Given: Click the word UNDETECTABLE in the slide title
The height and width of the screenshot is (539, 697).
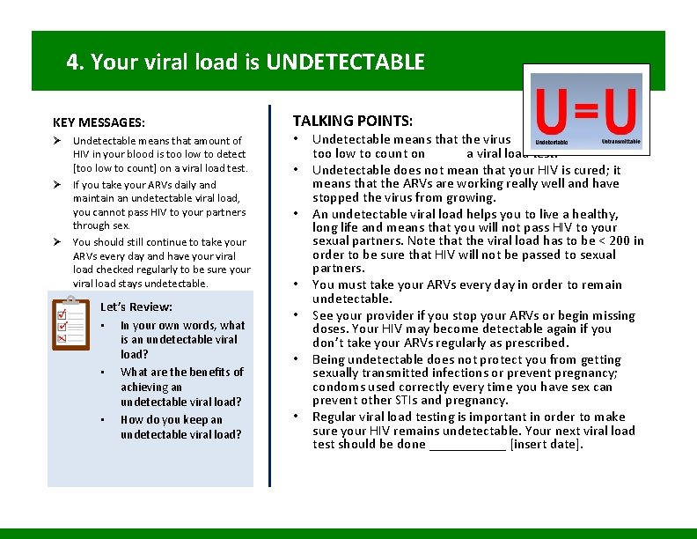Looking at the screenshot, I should [x=345, y=63].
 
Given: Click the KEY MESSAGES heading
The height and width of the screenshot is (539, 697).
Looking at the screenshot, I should [x=99, y=122].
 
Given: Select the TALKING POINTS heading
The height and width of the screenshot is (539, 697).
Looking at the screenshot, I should [x=352, y=120].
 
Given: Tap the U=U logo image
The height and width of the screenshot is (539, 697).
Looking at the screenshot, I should [x=587, y=110].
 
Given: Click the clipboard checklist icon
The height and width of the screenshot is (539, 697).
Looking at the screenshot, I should [x=70, y=324].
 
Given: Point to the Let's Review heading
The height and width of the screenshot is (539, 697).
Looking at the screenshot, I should [x=136, y=307].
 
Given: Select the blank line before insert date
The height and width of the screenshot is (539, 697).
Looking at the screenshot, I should [x=467, y=445].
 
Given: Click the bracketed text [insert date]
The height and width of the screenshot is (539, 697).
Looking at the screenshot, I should [x=547, y=445].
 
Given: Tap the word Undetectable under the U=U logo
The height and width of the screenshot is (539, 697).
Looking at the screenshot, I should [x=552, y=142].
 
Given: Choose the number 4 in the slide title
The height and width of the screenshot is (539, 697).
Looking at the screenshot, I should [x=72, y=63].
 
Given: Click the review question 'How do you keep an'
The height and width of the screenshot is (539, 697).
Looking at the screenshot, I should [x=171, y=420].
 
